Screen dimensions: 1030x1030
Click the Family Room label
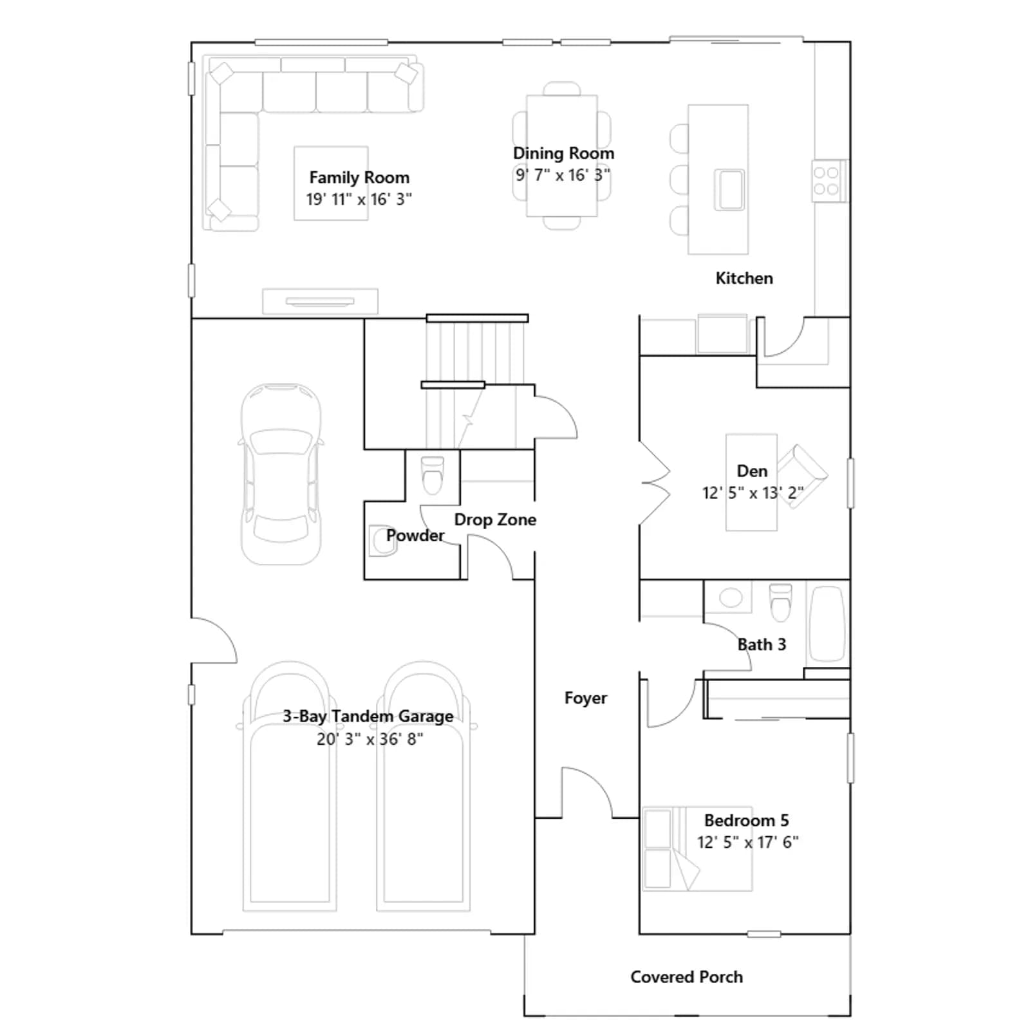359,178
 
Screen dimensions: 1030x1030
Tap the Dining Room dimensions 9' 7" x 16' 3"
563,175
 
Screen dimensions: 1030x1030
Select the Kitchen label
744,278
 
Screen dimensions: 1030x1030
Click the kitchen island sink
729,189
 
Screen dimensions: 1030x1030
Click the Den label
752,471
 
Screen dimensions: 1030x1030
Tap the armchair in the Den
801,476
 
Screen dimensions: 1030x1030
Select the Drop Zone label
495,520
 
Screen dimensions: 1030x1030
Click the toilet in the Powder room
432,474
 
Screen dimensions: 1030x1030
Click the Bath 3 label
762,644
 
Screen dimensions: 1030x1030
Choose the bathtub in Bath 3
827,623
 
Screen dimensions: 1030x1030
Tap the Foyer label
586,698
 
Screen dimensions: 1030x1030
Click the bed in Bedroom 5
697,849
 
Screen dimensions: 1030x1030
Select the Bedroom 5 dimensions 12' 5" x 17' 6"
747,842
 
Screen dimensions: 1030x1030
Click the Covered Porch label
686,977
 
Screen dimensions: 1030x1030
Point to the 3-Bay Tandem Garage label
368,716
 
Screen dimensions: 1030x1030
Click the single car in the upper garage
281,474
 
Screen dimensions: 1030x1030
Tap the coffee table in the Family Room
331,183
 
